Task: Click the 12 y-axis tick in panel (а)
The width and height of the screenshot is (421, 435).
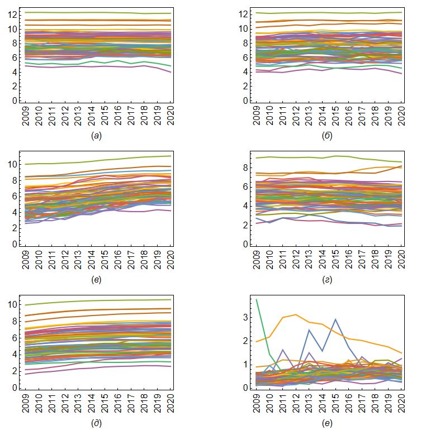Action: click(x=13, y=14)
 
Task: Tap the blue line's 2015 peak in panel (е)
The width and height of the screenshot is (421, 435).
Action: click(x=335, y=319)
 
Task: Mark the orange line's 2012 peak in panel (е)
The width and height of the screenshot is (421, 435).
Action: click(x=296, y=314)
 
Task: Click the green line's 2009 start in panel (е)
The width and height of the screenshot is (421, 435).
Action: click(x=257, y=300)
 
